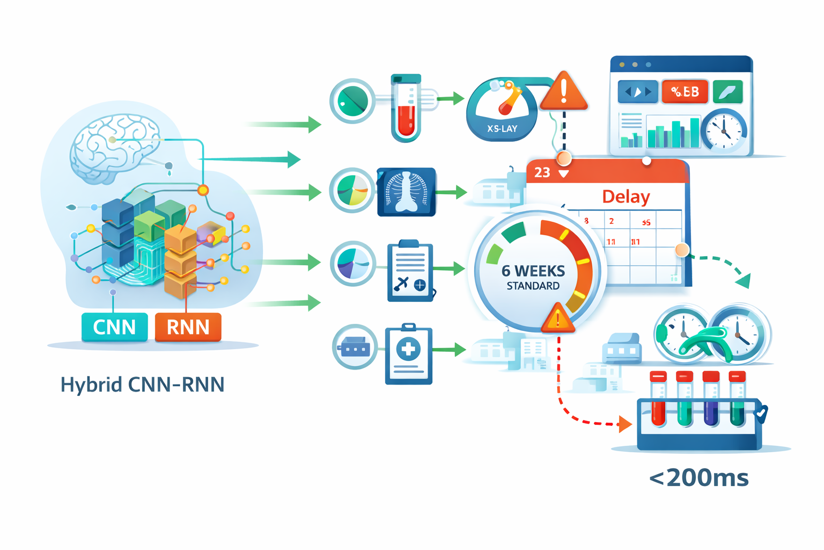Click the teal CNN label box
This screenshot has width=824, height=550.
coord(114,327)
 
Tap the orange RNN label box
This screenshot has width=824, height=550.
coord(188,327)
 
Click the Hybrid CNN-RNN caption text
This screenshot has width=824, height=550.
coord(142,385)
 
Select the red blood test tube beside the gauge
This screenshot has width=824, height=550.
coord(406,110)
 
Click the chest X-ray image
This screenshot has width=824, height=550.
coord(407,192)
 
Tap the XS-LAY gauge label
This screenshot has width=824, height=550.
coord(502,129)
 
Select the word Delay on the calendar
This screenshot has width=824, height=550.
coord(626,197)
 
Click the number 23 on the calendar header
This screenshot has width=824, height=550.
coord(542,172)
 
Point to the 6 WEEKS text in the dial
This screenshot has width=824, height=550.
coord(533,271)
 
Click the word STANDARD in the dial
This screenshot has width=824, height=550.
coord(533,286)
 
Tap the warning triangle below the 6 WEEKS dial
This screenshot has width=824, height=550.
coord(558,319)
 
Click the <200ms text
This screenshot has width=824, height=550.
coord(698,477)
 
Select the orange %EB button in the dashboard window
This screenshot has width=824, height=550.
coord(685,92)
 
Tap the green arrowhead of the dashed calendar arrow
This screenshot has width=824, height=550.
coord(743,280)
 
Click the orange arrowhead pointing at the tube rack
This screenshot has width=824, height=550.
coord(625,424)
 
